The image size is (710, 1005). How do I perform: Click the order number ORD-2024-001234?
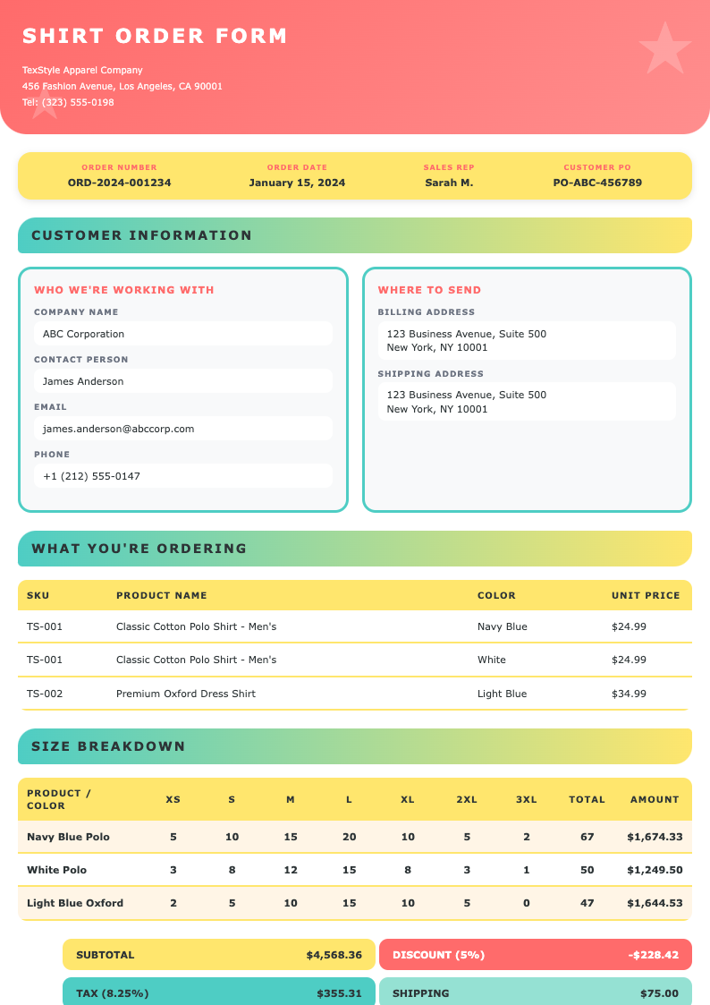tap(119, 183)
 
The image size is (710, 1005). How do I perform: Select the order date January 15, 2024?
tap(297, 183)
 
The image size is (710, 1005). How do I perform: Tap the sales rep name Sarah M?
tap(449, 183)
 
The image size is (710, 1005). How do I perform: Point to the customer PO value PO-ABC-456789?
tap(597, 183)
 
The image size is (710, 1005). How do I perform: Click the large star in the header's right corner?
tap(664, 48)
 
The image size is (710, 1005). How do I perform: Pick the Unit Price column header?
tap(646, 595)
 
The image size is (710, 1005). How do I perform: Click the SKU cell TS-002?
tap(45, 694)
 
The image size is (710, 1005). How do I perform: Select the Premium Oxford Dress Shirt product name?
tap(185, 694)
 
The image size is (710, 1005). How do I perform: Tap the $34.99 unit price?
tap(629, 694)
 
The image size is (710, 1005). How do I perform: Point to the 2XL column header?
tap(467, 799)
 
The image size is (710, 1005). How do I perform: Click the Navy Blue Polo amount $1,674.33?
tap(655, 837)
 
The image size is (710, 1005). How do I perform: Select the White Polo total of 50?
tap(587, 870)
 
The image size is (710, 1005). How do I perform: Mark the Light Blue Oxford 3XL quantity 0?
tap(526, 903)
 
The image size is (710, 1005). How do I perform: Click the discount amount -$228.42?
tap(653, 955)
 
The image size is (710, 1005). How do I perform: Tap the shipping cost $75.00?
tap(659, 993)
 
